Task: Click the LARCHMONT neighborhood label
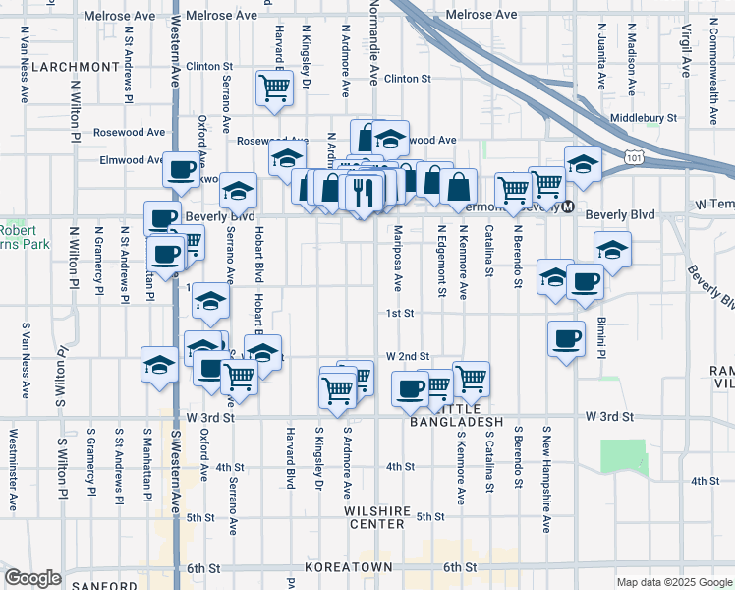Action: click(76, 67)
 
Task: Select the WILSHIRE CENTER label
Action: click(374, 517)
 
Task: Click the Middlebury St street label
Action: click(644, 118)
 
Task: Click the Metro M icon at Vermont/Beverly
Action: click(567, 206)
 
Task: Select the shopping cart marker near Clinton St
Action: click(274, 88)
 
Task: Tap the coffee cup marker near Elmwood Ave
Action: click(182, 170)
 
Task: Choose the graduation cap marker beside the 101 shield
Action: click(583, 163)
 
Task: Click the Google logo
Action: click(32, 578)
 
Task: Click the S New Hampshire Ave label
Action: click(545, 481)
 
